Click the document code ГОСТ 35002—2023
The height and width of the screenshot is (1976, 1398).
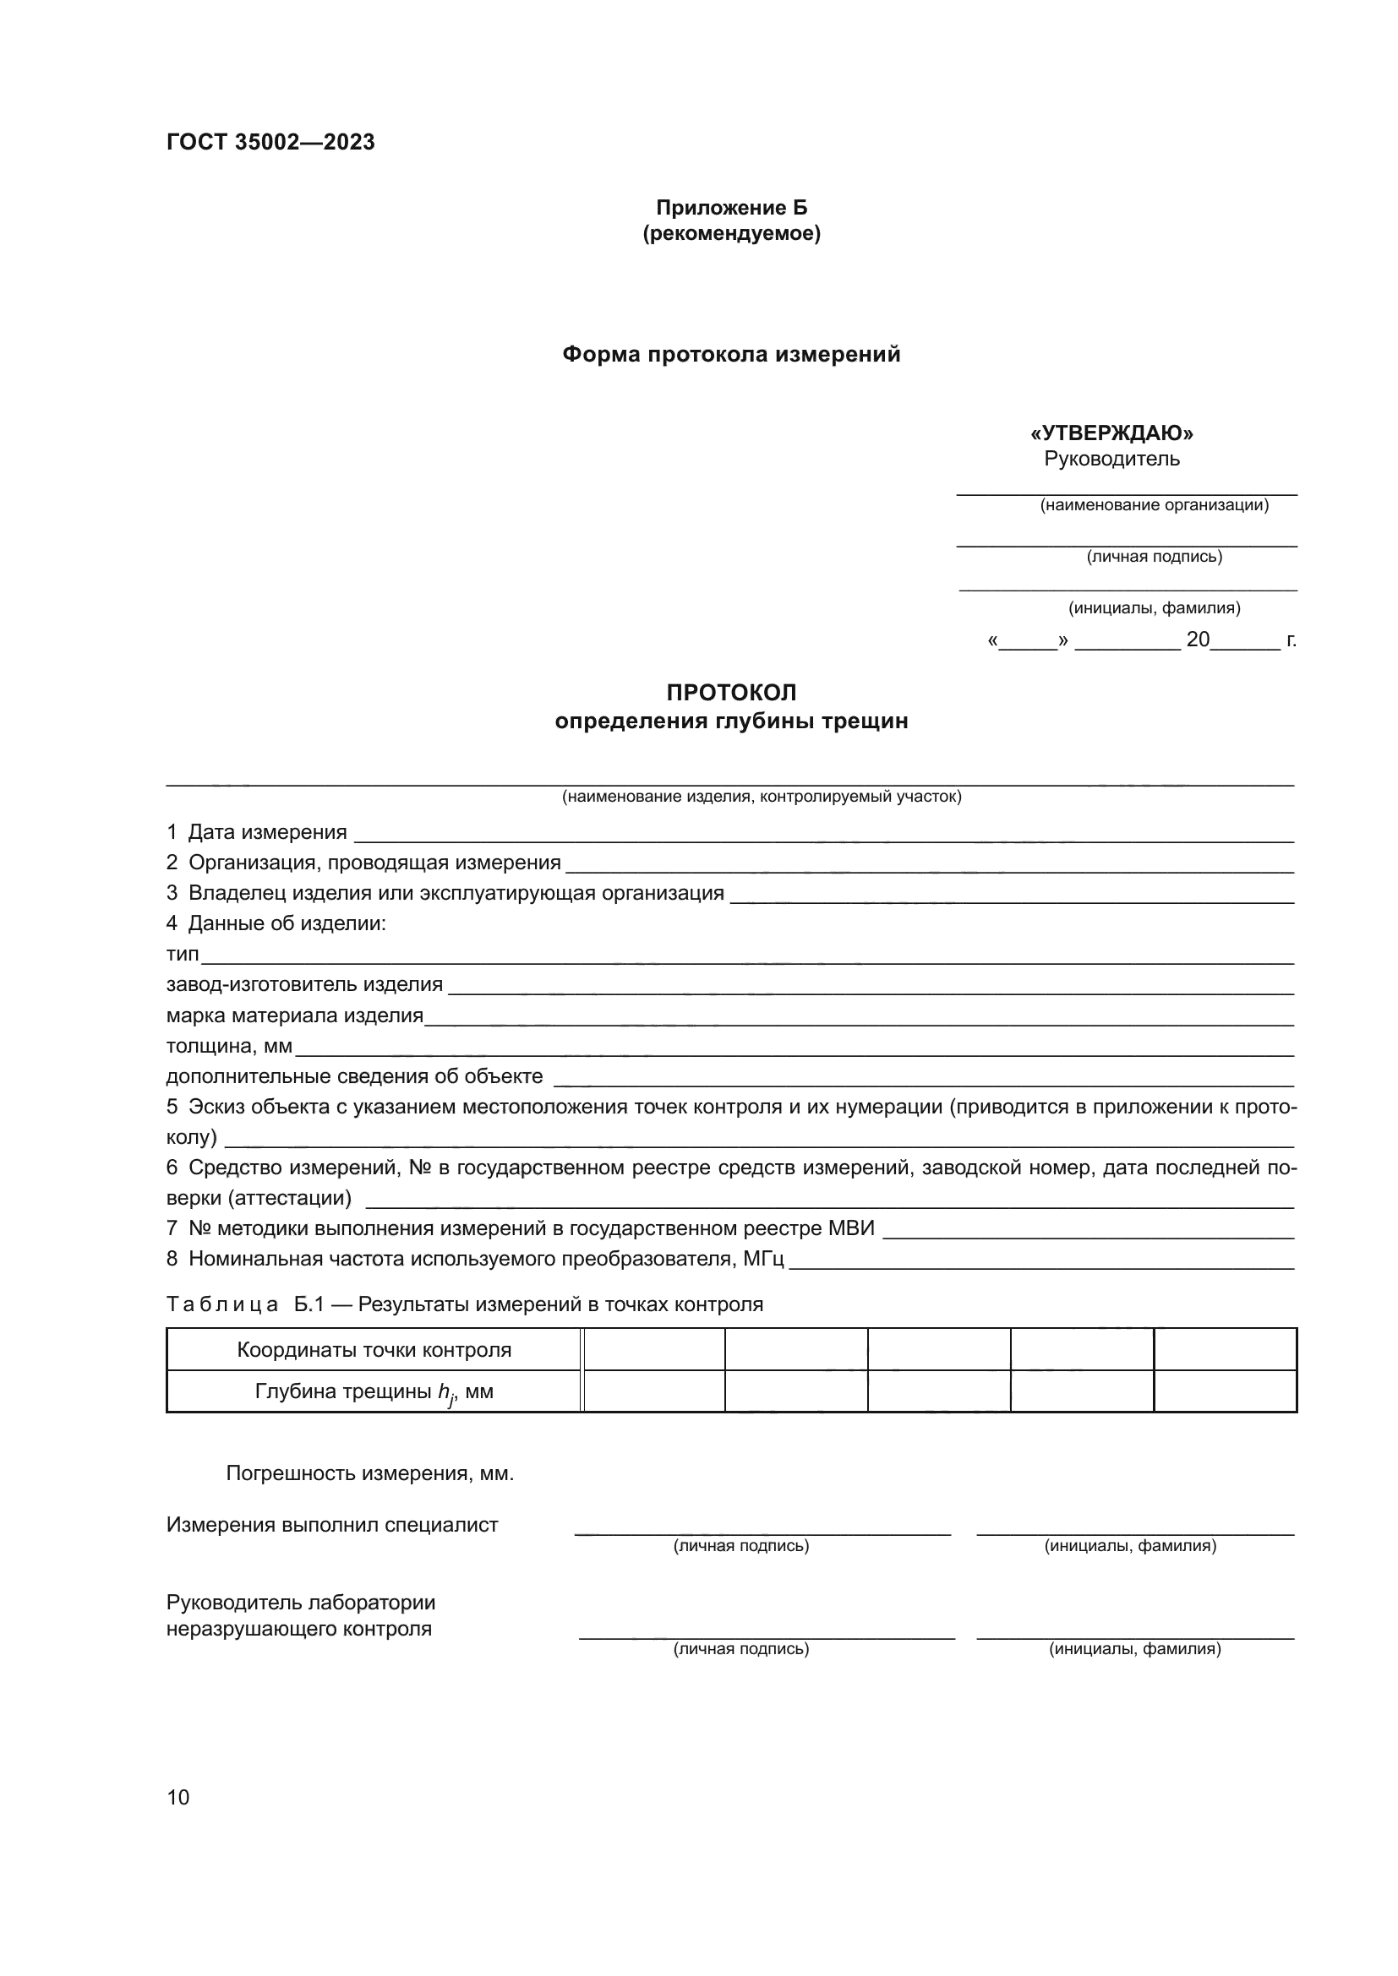270,142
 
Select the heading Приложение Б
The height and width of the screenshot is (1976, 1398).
731,208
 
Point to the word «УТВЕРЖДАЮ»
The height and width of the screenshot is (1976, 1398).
1111,433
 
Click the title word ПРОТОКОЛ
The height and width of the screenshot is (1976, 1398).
731,693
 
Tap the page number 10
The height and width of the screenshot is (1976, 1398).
178,1797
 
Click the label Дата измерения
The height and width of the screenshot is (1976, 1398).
267,832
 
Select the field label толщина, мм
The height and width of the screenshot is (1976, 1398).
229,1047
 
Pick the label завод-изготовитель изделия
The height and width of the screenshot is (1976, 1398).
304,984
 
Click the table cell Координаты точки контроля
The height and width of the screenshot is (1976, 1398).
374,1349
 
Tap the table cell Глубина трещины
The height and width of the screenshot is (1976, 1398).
374,1391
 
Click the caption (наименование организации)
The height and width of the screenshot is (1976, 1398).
1154,505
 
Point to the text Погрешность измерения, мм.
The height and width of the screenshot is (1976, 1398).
369,1473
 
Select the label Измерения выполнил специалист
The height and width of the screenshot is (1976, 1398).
331,1525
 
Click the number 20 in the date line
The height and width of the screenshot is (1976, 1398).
1198,640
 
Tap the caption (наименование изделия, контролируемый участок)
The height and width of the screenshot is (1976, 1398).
761,797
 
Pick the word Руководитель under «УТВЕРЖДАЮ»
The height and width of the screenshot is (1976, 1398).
1111,459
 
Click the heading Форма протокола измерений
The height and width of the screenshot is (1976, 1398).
731,355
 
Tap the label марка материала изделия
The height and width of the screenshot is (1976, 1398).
294,1015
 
